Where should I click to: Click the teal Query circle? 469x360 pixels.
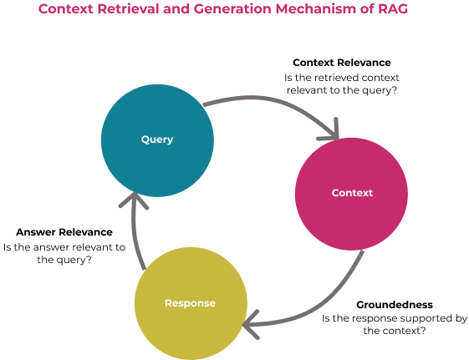pos(157,140)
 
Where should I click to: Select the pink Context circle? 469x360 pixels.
pos(351,194)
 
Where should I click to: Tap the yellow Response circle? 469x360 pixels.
pos(191,303)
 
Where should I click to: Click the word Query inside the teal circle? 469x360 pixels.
pos(157,139)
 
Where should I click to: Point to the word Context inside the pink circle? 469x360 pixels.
pos(352,193)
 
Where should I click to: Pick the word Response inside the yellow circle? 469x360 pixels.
pos(191,303)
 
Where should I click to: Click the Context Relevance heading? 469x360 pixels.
pos(342,63)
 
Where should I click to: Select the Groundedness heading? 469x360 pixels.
pos(395,304)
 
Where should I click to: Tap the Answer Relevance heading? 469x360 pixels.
pos(64,232)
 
